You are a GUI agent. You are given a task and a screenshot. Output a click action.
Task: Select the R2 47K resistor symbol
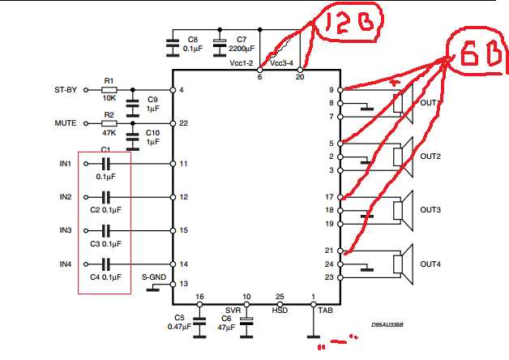(x=108, y=123)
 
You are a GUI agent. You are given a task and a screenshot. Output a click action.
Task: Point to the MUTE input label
(x=66, y=123)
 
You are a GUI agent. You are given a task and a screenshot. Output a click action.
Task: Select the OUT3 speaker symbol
(x=400, y=210)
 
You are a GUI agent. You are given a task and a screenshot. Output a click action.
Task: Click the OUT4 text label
(x=430, y=264)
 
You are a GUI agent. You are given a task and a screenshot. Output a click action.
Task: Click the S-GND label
(x=153, y=276)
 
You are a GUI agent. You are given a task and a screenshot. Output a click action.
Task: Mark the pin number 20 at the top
(x=300, y=76)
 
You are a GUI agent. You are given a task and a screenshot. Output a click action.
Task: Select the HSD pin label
(x=280, y=310)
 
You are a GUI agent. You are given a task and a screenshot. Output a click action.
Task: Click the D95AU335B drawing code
(x=387, y=325)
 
